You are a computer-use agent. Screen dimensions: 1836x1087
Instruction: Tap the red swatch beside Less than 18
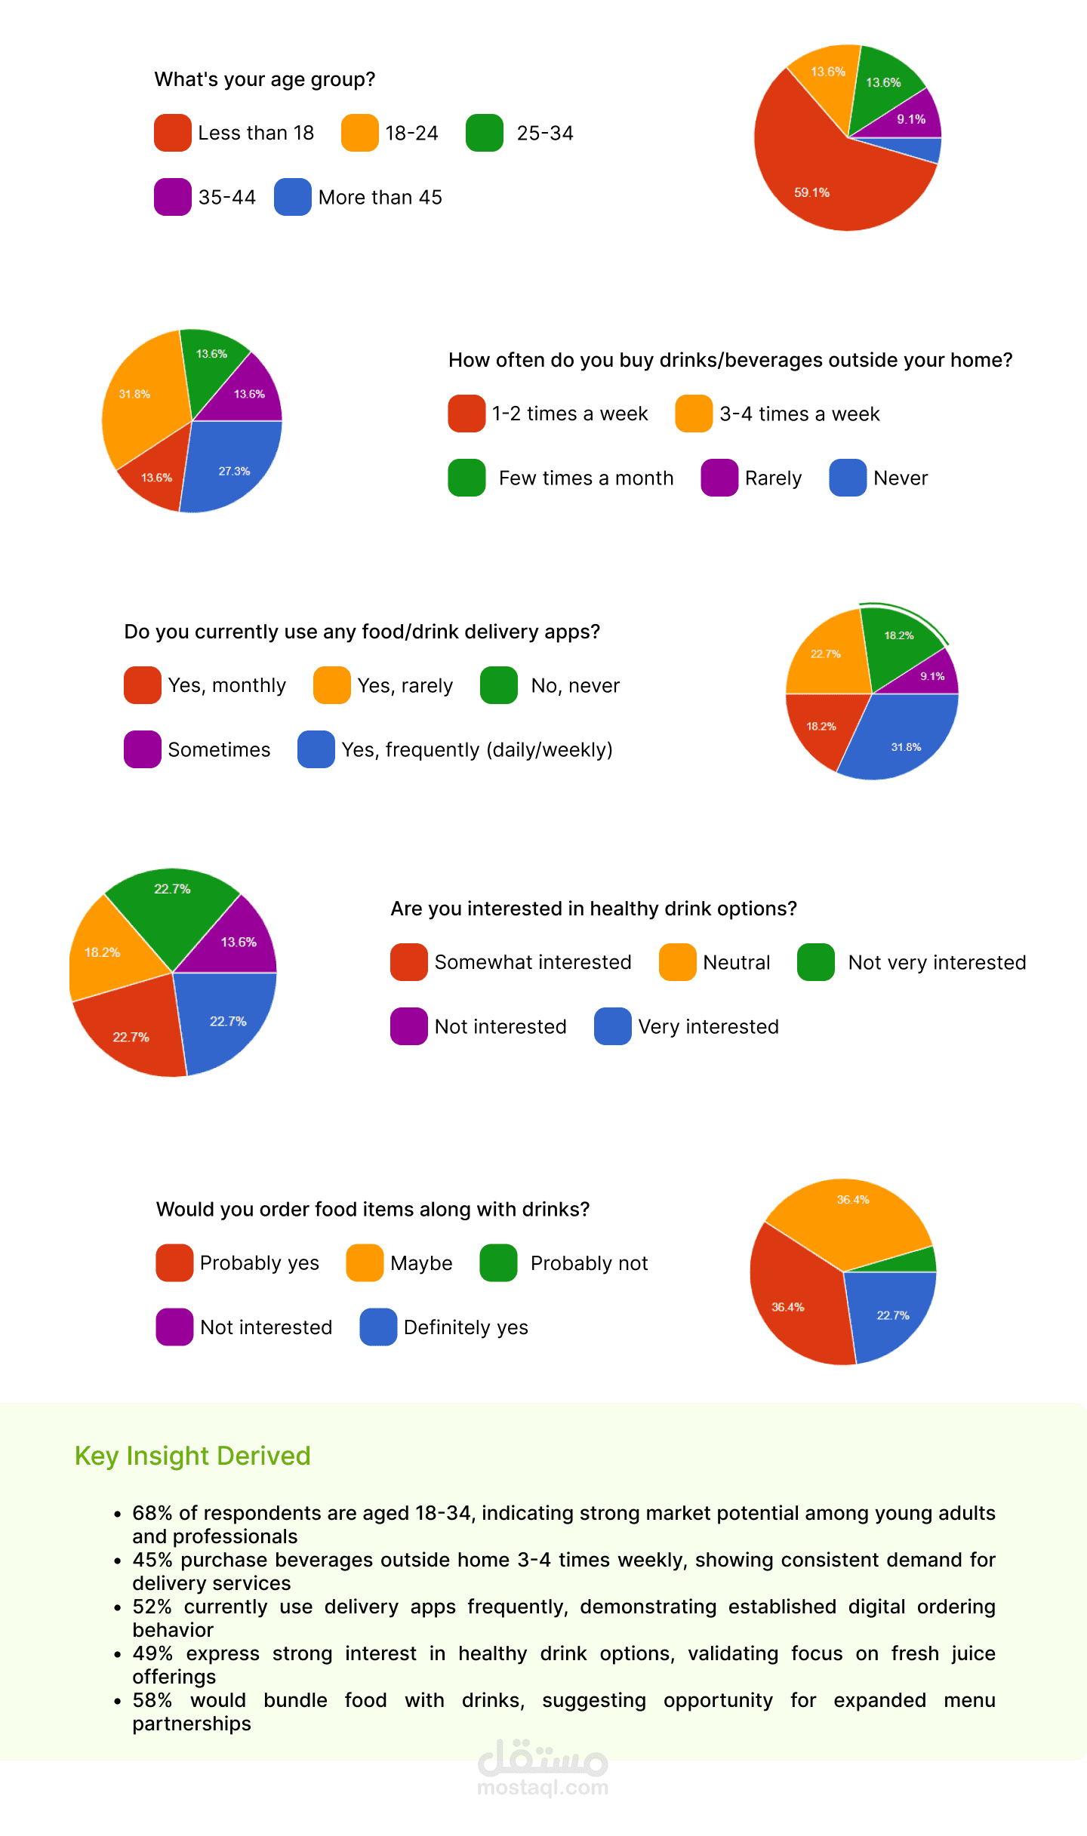click(172, 133)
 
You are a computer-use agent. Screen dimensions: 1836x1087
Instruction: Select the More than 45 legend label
click(380, 197)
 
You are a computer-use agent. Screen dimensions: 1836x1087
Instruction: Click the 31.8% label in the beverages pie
click(134, 394)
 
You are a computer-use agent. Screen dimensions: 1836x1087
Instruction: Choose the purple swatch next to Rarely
click(719, 478)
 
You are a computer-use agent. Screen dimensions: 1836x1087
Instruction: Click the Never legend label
click(901, 478)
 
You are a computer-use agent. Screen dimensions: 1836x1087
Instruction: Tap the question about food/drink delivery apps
click(362, 632)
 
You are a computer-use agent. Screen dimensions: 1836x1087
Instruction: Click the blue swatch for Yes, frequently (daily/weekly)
click(316, 749)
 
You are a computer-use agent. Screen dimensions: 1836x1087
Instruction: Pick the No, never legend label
click(575, 685)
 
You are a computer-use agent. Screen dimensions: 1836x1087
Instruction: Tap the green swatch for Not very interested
click(815, 962)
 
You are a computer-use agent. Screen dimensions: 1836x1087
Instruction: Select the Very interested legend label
click(708, 1026)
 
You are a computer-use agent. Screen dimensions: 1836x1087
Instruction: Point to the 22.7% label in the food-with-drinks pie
click(892, 1315)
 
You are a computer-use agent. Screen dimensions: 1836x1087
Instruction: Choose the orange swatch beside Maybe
click(365, 1263)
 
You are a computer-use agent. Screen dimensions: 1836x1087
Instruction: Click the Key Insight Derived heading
click(192, 1456)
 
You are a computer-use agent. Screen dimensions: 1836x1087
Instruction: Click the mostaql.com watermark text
click(543, 1788)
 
